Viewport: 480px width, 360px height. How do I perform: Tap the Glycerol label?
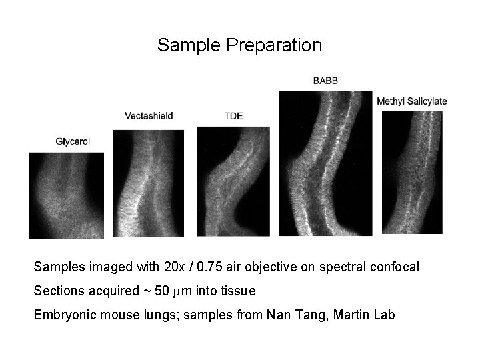coord(73,141)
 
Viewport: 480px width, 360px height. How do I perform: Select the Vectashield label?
coord(149,115)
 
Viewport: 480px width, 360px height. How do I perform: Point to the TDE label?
coord(233,115)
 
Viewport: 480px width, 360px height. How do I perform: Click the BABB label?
coord(325,81)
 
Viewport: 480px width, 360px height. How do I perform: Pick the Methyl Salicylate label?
coord(411,101)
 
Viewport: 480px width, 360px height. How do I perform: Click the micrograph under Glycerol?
coord(67,195)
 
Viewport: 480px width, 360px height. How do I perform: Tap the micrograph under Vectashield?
coord(148,183)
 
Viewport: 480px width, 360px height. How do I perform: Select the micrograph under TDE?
coord(233,181)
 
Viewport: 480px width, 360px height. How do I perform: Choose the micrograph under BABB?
coord(325,163)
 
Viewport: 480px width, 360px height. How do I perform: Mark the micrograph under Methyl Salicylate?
coord(412,172)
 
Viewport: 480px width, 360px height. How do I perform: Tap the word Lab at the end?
coord(384,314)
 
